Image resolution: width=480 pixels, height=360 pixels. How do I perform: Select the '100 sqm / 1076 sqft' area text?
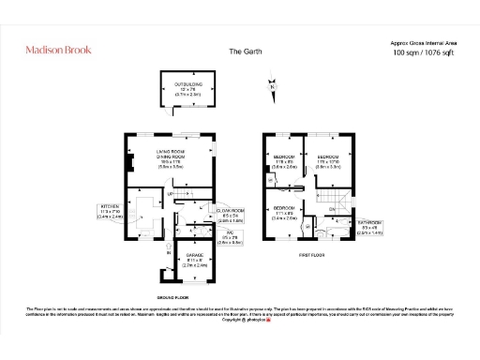point(424,54)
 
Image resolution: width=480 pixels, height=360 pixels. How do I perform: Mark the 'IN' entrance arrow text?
point(169,252)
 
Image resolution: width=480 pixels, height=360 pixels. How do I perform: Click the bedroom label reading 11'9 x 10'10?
point(328,159)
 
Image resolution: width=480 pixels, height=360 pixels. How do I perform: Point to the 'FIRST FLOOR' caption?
point(312,253)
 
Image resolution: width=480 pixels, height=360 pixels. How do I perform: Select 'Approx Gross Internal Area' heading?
point(424,43)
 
